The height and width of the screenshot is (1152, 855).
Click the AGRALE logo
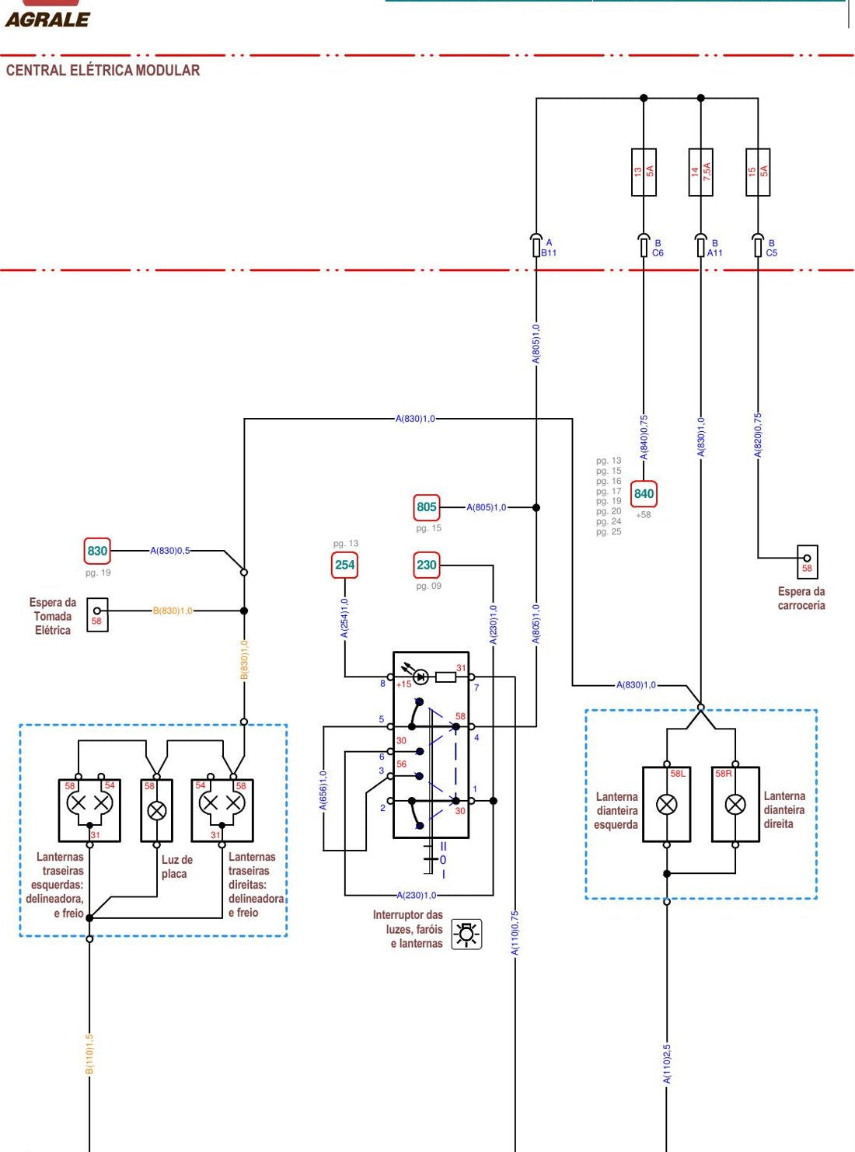47,19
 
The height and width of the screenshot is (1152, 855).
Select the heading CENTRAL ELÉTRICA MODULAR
103,71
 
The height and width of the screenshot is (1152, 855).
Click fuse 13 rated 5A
644,172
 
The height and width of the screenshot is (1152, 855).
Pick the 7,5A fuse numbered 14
700,172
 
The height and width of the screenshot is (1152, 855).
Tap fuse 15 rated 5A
758,172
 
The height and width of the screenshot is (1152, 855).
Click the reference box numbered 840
644,494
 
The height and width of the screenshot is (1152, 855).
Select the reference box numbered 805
427,507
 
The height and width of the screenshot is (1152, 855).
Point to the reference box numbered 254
344,565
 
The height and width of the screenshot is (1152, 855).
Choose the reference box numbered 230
427,565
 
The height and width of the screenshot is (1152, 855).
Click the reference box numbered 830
97,551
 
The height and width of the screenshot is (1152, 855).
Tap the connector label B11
549,253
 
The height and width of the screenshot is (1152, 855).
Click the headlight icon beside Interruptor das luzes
466,934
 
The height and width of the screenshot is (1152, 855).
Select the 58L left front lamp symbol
666,805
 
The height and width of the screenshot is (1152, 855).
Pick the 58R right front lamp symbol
735,805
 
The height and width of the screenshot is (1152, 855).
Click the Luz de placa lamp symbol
157,811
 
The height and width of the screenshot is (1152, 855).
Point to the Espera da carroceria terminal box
807,562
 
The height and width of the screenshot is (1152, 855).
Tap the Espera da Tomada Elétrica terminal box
97,614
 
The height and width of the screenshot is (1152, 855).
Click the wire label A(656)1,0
323,791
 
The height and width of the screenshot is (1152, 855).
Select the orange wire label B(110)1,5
89,1054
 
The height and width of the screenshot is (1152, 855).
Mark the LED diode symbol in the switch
421,677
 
